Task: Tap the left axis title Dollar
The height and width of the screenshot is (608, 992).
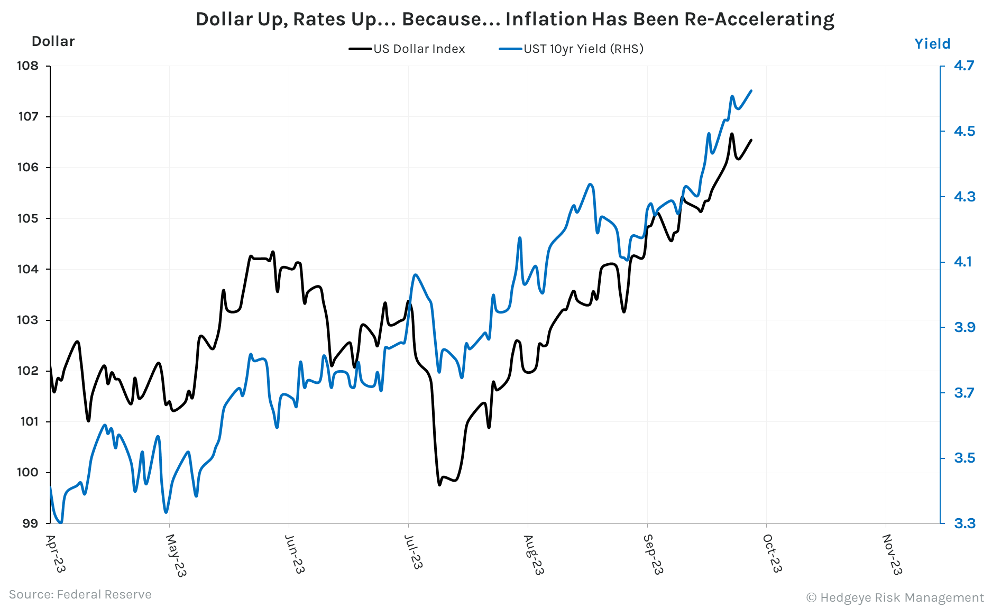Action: coord(53,41)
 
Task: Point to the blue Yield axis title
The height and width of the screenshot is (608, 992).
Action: coord(932,43)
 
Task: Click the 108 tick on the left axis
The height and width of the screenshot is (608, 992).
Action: coord(27,66)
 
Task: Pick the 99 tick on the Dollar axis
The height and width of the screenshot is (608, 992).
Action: coord(30,523)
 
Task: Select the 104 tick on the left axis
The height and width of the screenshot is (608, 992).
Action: coord(27,269)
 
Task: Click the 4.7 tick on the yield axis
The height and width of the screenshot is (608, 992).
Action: coord(963,66)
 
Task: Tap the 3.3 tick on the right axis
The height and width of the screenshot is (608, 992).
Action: coord(964,523)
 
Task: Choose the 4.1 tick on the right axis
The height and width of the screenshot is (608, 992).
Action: coord(962,262)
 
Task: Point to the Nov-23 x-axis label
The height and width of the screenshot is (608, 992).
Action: coord(892,554)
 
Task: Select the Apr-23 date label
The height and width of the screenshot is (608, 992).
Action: coord(55,553)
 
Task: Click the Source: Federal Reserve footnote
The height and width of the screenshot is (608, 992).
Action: coord(80,594)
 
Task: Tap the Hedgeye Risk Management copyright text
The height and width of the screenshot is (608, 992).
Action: coord(895,597)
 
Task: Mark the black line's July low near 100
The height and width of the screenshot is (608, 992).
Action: coord(439,484)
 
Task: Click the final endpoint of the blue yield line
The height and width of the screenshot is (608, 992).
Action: coord(751,90)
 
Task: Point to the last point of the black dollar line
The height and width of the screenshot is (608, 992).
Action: coord(751,140)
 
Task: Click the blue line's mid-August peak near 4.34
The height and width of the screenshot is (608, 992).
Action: coord(590,184)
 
